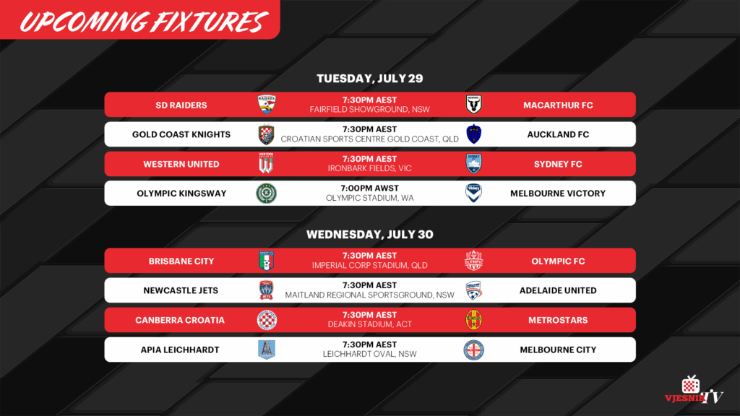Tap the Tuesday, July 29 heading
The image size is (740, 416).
[369, 78]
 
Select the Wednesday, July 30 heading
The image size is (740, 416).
[369, 235]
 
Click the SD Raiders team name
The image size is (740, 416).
[181, 105]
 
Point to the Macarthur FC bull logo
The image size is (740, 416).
[473, 104]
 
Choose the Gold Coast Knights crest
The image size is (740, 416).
[266, 134]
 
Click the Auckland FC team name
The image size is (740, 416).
[558, 134]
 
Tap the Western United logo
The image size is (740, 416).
[266, 163]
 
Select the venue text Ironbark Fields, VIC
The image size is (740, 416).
[369, 168]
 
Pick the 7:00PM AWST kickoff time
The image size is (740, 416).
[369, 188]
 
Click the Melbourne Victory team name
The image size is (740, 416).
[558, 194]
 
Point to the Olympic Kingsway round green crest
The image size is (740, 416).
[266, 194]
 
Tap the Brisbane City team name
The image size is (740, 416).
[181, 261]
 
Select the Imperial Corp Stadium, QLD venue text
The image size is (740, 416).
[369, 266]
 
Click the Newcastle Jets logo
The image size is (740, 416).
[266, 290]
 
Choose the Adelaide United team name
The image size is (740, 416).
[558, 290]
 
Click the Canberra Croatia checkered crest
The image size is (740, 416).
[267, 320]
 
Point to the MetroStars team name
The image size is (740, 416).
[558, 320]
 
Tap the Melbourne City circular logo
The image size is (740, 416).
[473, 350]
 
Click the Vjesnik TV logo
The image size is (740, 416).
[693, 390]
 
